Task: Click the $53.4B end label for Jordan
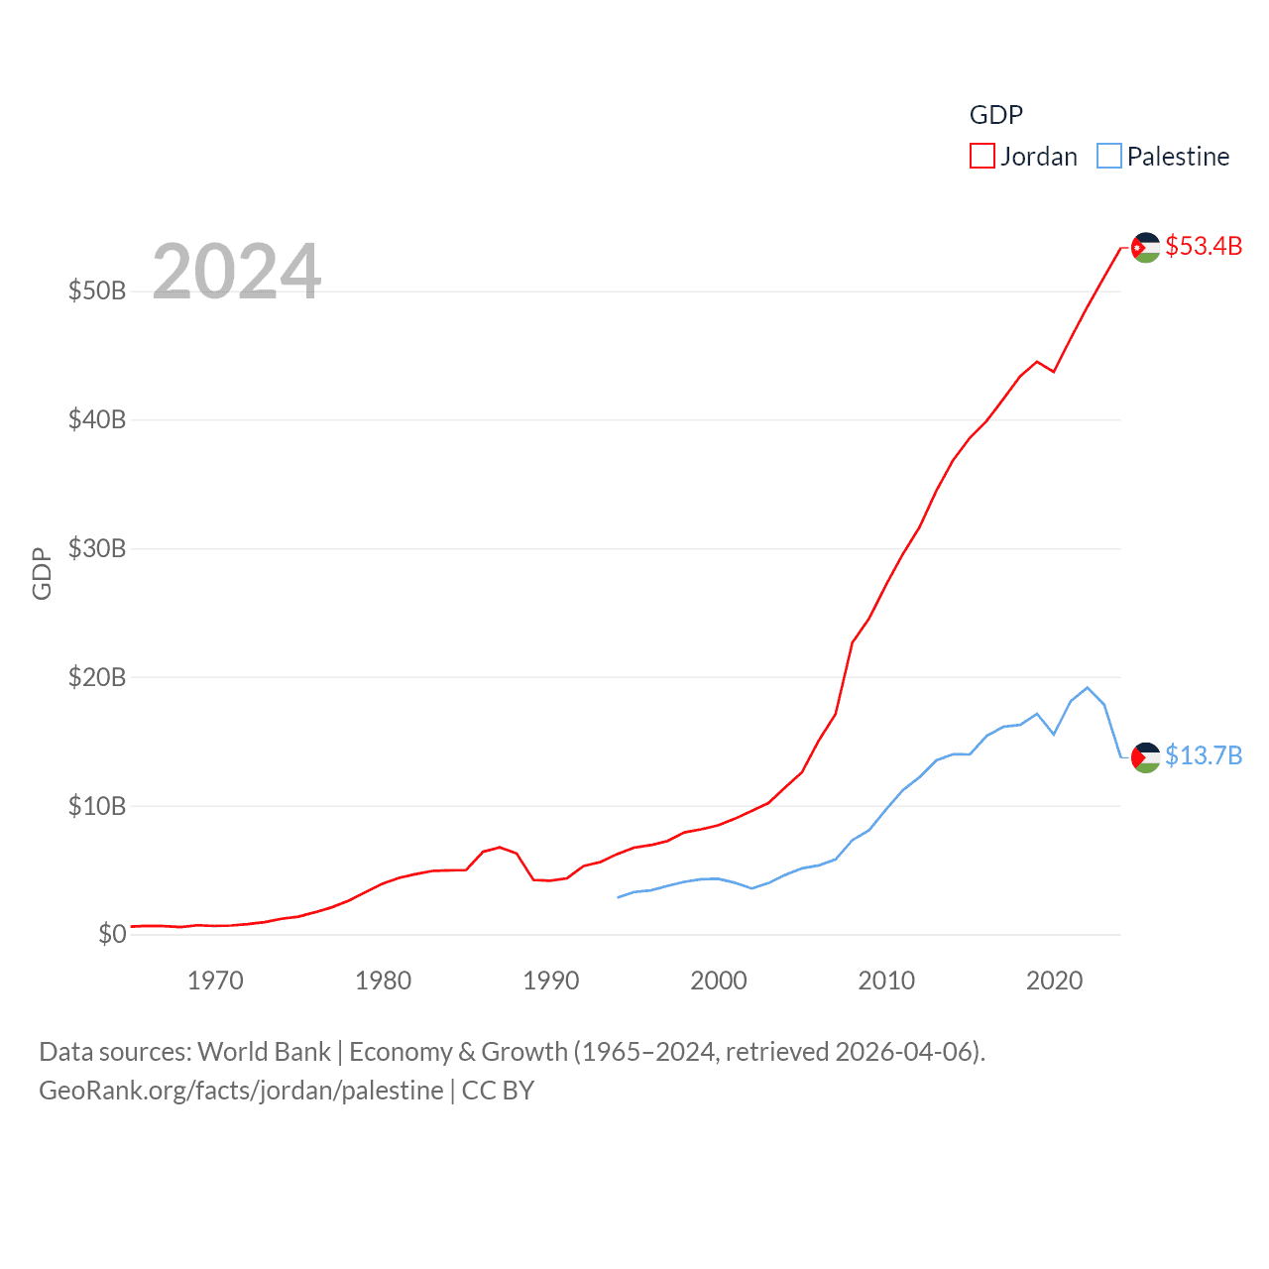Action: pyautogui.click(x=1203, y=246)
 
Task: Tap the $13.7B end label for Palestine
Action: pyautogui.click(x=1203, y=755)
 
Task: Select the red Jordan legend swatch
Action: pyautogui.click(x=981, y=157)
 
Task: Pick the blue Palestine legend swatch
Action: pyautogui.click(x=1108, y=157)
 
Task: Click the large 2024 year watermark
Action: pyautogui.click(x=236, y=271)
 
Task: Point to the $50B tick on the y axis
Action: pyautogui.click(x=97, y=290)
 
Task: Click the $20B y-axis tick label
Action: pyautogui.click(x=97, y=677)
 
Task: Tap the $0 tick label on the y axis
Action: pyautogui.click(x=112, y=934)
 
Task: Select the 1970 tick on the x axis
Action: pyautogui.click(x=215, y=981)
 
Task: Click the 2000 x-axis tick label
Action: pyautogui.click(x=719, y=981)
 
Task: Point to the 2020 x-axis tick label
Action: pyautogui.click(x=1054, y=981)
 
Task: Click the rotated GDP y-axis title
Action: pyautogui.click(x=42, y=573)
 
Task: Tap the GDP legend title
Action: pyautogui.click(x=995, y=115)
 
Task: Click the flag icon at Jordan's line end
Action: pyautogui.click(x=1145, y=247)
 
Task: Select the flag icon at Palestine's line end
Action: pyautogui.click(x=1145, y=757)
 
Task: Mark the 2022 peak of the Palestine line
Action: pyautogui.click(x=1088, y=687)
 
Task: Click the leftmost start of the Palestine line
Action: pyautogui.click(x=618, y=897)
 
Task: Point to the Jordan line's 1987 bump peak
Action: pyautogui.click(x=500, y=847)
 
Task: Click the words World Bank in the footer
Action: pyautogui.click(x=264, y=1051)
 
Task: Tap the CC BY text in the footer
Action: pyautogui.click(x=498, y=1091)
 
